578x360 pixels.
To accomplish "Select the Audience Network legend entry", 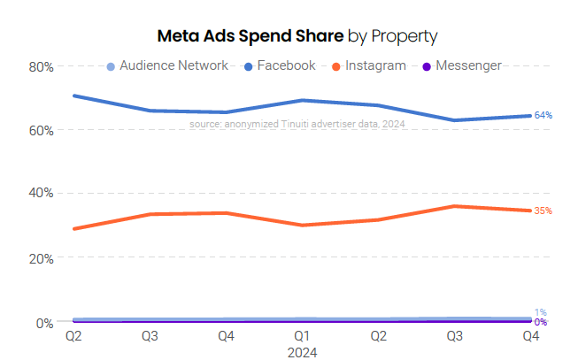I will click(173, 65).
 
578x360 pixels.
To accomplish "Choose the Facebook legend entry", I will click(286, 65).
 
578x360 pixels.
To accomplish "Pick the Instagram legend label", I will click(375, 65).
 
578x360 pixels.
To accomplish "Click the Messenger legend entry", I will click(468, 65).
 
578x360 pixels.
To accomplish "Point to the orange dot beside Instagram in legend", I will click(336, 66).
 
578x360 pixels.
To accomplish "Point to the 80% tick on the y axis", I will click(42, 66).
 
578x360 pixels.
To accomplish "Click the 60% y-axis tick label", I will click(42, 130).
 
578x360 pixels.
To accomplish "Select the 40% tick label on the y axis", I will click(42, 193).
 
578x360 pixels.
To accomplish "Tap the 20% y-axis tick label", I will click(42, 258).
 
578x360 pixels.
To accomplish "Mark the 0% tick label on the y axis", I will click(45, 323).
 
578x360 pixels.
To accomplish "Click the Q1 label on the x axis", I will click(302, 337).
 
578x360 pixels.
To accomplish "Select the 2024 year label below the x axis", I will click(302, 351).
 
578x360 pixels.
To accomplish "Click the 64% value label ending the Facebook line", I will click(543, 116).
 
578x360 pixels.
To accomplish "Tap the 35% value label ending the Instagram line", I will click(543, 211).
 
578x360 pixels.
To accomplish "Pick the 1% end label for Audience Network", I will click(540, 312).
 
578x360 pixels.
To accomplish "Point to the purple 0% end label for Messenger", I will click(540, 323).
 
